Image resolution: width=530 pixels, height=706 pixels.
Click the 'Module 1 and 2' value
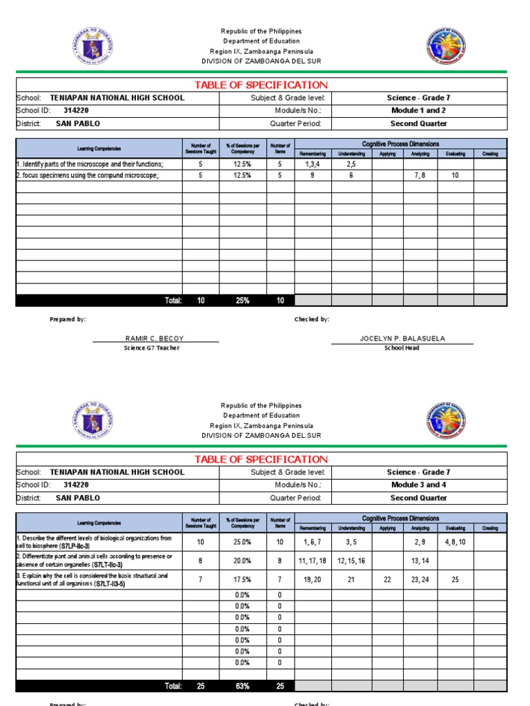point(418,110)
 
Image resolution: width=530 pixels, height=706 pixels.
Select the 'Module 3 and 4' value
point(418,485)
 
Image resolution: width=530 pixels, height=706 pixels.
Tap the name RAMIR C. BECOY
point(155,339)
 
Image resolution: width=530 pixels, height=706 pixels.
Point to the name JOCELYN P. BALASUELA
point(402,339)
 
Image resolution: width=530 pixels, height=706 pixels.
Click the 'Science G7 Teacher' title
point(151,348)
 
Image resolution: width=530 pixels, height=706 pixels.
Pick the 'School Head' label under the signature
point(402,348)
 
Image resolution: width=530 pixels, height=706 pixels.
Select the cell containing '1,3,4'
point(313,164)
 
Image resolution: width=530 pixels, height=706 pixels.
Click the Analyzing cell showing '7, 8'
point(420,176)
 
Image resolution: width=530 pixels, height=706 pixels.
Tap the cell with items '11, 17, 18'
point(313,561)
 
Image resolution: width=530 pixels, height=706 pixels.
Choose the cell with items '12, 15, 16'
point(351,561)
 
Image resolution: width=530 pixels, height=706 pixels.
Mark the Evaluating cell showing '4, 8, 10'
point(455,542)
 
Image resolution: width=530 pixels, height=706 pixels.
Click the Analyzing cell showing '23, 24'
point(420,580)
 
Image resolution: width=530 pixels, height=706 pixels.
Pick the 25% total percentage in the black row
point(242,301)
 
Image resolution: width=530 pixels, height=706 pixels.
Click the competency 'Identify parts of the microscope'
point(90,164)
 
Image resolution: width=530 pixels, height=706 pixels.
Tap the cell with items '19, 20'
point(313,580)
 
